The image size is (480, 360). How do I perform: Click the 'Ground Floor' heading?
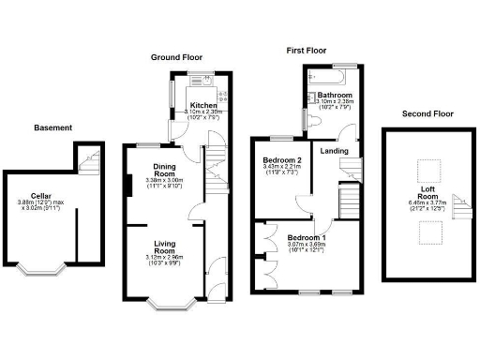[178, 57]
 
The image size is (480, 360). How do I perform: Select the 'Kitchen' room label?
[203, 105]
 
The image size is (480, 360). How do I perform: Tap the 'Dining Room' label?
[165, 171]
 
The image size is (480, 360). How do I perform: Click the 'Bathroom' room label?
[334, 96]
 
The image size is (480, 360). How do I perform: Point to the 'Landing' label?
[334, 151]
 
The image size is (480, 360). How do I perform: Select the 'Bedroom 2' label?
[281, 160]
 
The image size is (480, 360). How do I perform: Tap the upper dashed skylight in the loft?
[427, 170]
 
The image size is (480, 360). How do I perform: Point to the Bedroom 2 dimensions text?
[281, 172]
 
